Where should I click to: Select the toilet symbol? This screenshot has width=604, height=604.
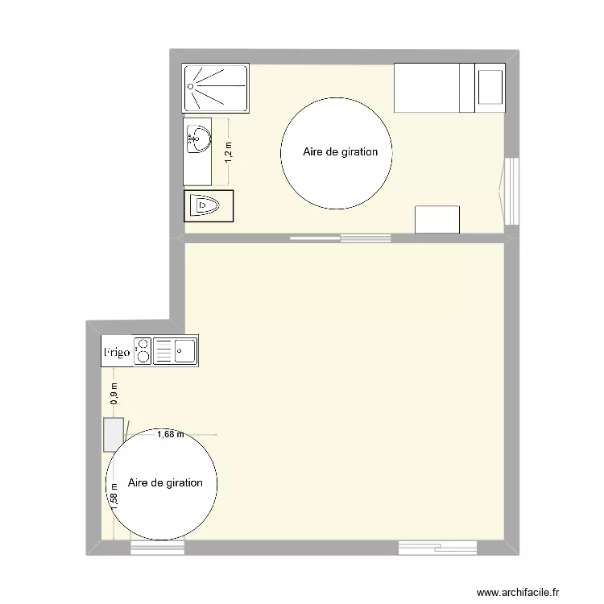(x=207, y=206)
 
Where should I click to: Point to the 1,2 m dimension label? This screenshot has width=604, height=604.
(x=228, y=151)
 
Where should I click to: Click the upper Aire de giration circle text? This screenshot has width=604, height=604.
(x=340, y=151)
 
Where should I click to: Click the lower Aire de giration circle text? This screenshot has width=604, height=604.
(x=165, y=482)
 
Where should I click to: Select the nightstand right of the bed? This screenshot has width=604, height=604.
(x=490, y=88)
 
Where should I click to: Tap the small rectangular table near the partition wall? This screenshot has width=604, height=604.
(x=437, y=219)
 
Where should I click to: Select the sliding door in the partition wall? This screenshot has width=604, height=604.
(x=340, y=238)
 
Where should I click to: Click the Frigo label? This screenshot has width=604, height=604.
(x=117, y=353)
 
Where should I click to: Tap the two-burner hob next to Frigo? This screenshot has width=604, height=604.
(x=143, y=351)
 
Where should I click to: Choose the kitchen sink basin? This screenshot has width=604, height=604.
(x=185, y=350)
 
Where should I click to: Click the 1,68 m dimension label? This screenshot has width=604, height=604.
(x=170, y=435)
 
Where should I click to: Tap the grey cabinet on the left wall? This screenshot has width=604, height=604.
(x=112, y=435)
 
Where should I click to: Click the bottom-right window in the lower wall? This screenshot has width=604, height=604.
(x=437, y=548)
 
